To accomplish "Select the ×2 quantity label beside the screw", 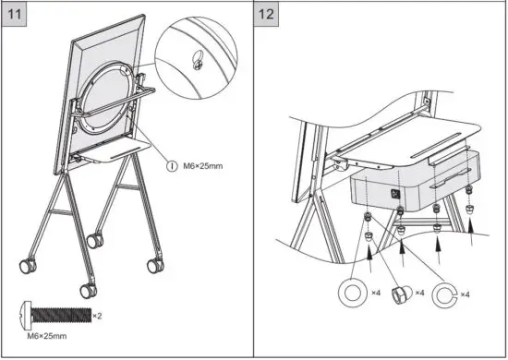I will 97,317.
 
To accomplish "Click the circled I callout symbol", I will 171,166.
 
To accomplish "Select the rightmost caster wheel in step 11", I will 152,266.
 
